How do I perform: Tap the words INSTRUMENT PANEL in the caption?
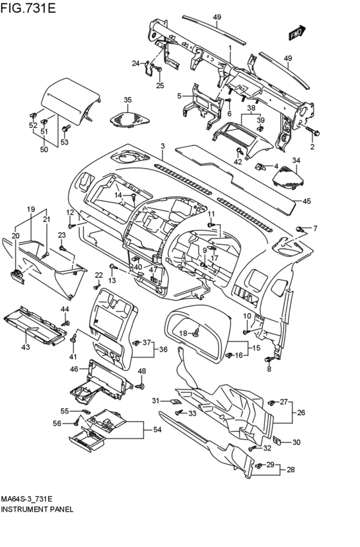[37, 509]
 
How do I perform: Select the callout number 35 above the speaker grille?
[128, 100]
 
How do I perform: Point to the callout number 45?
[306, 201]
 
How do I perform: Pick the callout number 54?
[157, 430]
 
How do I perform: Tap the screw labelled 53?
[64, 129]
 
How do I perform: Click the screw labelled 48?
[141, 386]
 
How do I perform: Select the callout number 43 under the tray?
[26, 347]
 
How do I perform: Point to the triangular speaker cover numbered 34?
[289, 177]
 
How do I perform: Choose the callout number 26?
[301, 413]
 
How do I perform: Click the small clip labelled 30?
[277, 440]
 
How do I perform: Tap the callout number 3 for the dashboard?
[163, 146]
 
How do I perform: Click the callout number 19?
[31, 210]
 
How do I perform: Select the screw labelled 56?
[76, 423]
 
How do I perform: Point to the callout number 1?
[230, 47]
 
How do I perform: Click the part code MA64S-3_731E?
[26, 499]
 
